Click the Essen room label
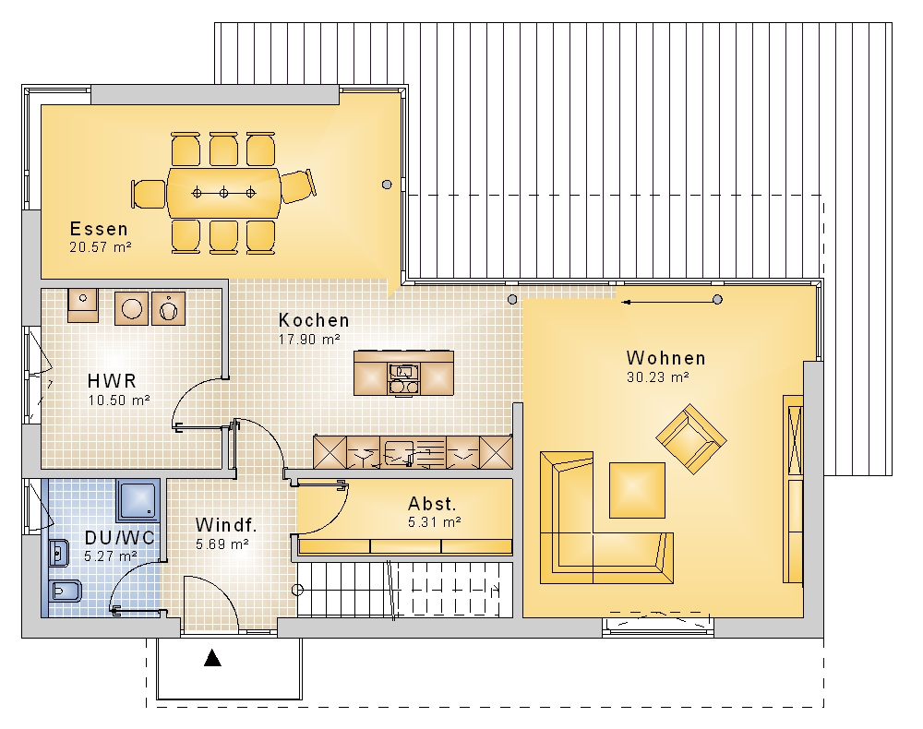pyautogui.click(x=99, y=229)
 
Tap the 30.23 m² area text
pyautogui.click(x=657, y=377)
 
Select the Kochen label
pyautogui.click(x=314, y=320)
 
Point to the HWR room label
pyautogui.click(x=112, y=381)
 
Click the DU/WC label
pyautogui.click(x=119, y=538)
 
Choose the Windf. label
pyautogui.click(x=226, y=525)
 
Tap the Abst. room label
pyautogui.click(x=432, y=504)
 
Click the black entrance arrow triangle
pyautogui.click(x=212, y=658)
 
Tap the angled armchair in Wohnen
pyautogui.click(x=691, y=439)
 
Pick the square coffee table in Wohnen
pyautogui.click(x=637, y=490)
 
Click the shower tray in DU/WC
pyautogui.click(x=138, y=500)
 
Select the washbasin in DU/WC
pyautogui.click(x=59, y=553)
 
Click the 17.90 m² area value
pyautogui.click(x=309, y=340)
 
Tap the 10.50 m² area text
pyautogui.click(x=119, y=400)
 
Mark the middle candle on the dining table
pyautogui.click(x=223, y=193)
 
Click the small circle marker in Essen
pyautogui.click(x=387, y=185)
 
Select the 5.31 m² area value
pyautogui.click(x=435, y=522)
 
